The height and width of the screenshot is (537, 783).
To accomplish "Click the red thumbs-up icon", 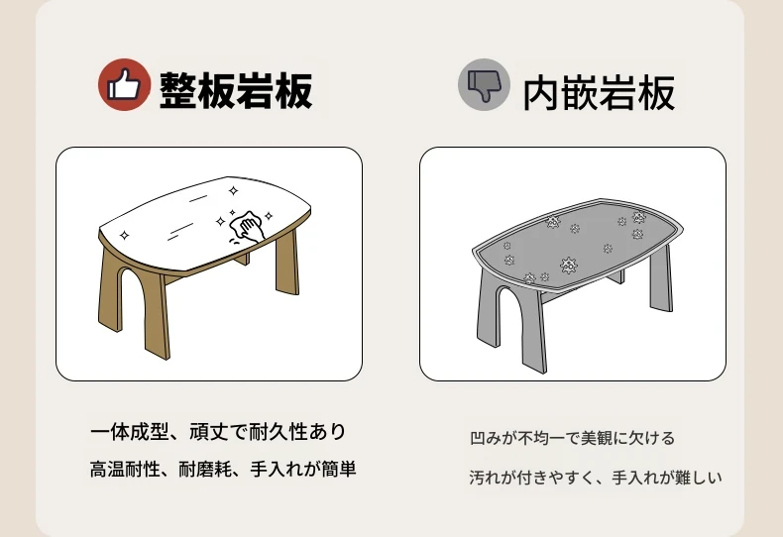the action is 124,84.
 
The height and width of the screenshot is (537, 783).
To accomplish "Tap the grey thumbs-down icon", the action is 484,84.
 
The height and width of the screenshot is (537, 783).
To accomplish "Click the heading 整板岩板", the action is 236,90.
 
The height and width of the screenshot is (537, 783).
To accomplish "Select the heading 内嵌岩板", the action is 599,93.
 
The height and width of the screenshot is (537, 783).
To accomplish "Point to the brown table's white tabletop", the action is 205,222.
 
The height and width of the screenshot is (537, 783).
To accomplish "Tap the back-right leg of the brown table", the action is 287,262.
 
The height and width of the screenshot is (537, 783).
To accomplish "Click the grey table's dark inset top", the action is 577,244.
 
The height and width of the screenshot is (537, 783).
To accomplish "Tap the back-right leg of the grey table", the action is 661,278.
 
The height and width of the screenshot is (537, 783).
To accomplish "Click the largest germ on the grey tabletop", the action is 568,265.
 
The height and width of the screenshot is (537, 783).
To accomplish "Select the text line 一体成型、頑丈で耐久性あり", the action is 218,432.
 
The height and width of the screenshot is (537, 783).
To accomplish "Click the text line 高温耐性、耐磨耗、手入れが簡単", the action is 223,469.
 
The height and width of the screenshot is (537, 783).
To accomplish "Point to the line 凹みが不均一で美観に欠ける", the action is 572,438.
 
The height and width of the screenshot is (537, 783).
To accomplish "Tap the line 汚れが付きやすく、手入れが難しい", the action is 596,478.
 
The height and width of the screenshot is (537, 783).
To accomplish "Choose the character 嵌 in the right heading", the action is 579,93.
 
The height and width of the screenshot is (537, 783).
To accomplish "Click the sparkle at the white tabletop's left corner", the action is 125,235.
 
